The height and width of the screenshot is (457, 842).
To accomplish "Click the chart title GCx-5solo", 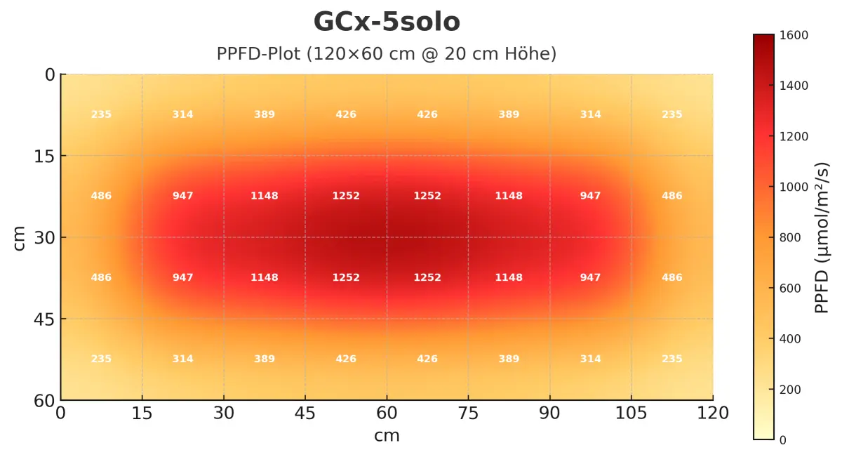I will tap(387, 22).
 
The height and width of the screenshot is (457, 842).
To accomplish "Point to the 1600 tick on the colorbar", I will tap(791, 35).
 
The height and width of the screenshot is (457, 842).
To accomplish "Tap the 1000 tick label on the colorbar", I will tap(791, 187).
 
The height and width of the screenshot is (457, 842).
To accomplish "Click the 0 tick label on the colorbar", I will tap(783, 440).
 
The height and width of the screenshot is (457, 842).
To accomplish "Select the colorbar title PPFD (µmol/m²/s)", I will tap(822, 237).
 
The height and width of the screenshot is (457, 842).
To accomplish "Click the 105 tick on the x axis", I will tap(631, 413).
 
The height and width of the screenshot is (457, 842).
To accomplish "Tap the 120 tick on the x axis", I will tap(713, 413).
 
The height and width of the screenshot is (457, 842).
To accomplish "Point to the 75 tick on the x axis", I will tap(468, 413).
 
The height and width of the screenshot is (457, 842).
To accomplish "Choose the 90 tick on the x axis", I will tap(549, 413).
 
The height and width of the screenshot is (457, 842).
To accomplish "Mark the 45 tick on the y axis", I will tap(45, 319).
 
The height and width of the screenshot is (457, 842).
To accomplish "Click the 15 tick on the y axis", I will tap(45, 156).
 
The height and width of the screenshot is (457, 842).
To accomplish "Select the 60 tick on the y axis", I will tap(45, 401).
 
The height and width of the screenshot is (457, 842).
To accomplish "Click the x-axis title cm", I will tap(387, 436).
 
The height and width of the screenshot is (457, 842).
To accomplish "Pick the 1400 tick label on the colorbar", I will tap(791, 86).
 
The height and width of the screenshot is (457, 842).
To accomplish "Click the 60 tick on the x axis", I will tap(387, 413).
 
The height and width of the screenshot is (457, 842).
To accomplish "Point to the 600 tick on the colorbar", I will tap(789, 289).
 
